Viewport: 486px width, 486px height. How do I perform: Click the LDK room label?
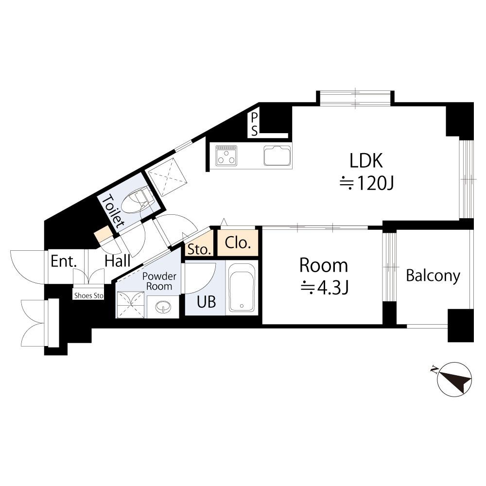[366, 160]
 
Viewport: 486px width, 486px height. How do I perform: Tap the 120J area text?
[367, 183]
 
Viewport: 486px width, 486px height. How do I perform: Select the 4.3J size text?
[325, 287]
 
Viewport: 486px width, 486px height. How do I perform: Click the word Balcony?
[433, 276]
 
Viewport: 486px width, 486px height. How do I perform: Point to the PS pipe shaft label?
[254, 124]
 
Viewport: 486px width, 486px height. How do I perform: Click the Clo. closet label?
[238, 243]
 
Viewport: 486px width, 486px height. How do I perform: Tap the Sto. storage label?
[199, 249]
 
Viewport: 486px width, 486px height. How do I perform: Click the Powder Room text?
[159, 281]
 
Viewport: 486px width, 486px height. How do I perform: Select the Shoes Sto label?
[89, 295]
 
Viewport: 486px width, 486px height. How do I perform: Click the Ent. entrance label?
[64, 261]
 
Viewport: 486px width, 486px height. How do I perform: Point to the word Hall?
[118, 261]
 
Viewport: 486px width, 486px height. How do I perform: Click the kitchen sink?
[278, 156]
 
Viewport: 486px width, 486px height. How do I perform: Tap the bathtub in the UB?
[242, 287]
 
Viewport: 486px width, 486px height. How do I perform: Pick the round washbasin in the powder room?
[163, 307]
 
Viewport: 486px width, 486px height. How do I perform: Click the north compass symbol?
[454, 379]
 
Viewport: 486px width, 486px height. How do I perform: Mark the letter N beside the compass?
[434, 369]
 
